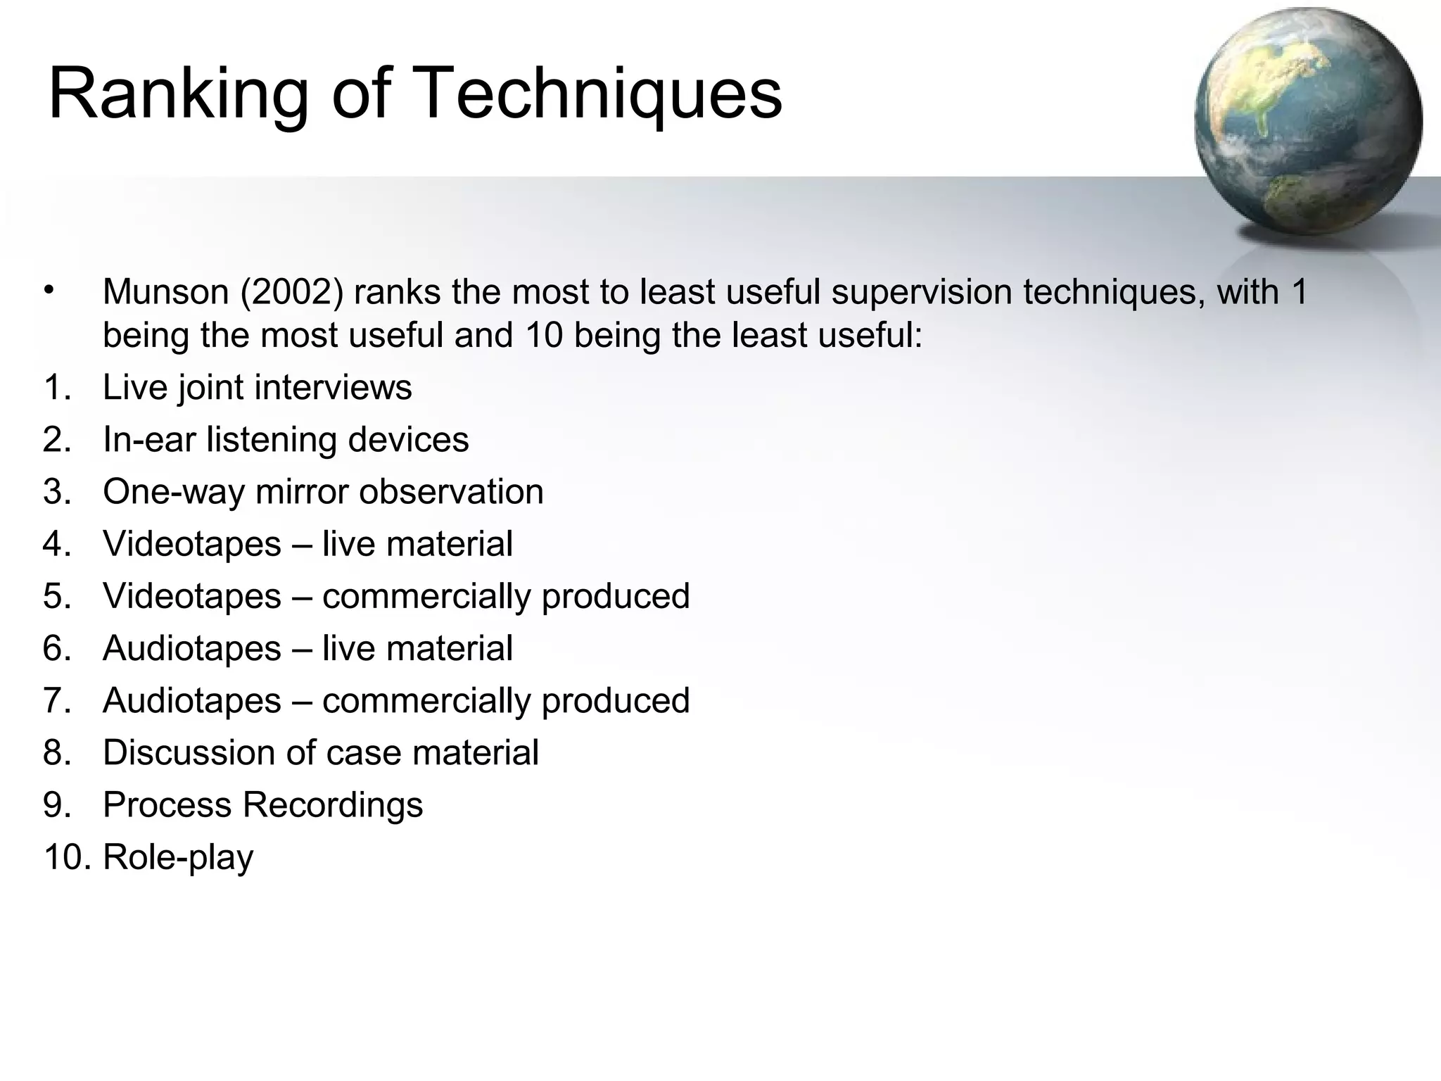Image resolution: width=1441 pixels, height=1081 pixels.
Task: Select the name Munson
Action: pyautogui.click(x=166, y=292)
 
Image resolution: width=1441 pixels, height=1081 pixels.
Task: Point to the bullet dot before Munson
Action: pyautogui.click(x=48, y=289)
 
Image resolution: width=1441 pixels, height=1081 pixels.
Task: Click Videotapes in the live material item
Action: pyautogui.click(x=192, y=544)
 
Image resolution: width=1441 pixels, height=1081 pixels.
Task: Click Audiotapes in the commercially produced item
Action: pyautogui.click(x=192, y=700)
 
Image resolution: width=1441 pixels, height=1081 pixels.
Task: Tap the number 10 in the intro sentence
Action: pyautogui.click(x=545, y=335)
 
